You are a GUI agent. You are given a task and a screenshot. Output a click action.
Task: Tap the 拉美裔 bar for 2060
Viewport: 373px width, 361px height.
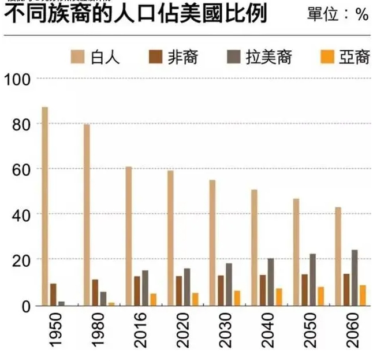click(355, 278)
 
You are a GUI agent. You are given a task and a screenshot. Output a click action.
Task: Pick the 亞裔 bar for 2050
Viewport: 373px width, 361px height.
click(320, 296)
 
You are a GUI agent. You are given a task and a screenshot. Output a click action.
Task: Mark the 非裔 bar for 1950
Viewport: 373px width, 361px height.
click(53, 294)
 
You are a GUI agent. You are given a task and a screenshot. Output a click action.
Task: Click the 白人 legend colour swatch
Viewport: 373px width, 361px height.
click(78, 57)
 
